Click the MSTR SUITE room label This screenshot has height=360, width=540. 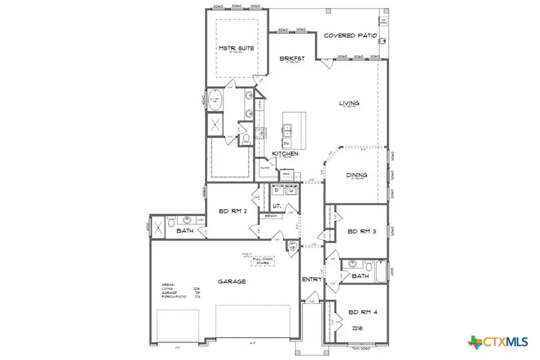[x=233, y=47]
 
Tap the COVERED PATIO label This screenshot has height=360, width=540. [x=350, y=36]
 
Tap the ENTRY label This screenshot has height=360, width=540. [x=313, y=280]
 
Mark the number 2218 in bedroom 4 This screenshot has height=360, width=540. [x=358, y=329]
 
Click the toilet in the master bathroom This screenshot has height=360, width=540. [x=245, y=139]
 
